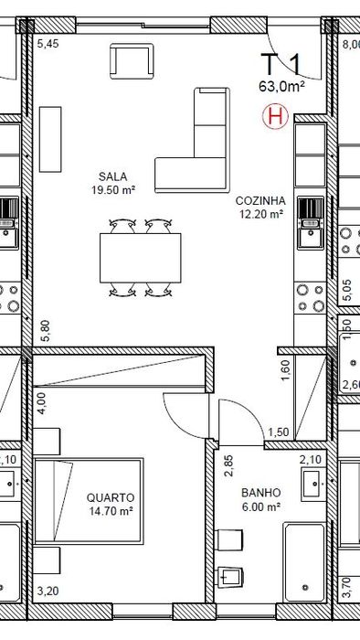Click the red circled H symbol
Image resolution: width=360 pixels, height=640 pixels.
tap(275, 116)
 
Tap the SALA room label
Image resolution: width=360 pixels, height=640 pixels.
tap(113, 176)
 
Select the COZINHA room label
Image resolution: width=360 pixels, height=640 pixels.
tap(260, 201)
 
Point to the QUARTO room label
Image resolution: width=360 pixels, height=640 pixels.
tap(110, 497)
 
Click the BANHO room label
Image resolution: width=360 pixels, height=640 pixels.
tap(261, 493)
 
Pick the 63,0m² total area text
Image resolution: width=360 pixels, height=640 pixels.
tap(282, 87)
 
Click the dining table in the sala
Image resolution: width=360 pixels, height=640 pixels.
tap(140, 258)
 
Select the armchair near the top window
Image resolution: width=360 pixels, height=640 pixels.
tap(132, 61)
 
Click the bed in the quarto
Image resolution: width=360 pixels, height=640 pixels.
tap(89, 501)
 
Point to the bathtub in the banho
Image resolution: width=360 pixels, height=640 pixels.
tap(304, 563)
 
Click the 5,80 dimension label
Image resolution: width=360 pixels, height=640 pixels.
tap(46, 330)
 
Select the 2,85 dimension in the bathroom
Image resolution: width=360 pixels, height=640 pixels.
tap(228, 466)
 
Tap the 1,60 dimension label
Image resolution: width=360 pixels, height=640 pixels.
tap(285, 370)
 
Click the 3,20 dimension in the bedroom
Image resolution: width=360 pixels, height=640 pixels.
tap(48, 591)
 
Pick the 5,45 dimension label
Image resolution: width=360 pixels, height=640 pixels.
tap(48, 44)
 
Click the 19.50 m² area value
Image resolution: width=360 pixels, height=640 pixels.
tap(113, 190)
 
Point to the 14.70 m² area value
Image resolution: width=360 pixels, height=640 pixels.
tap(111, 510)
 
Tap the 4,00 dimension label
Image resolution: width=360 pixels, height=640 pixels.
tap(42, 403)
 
